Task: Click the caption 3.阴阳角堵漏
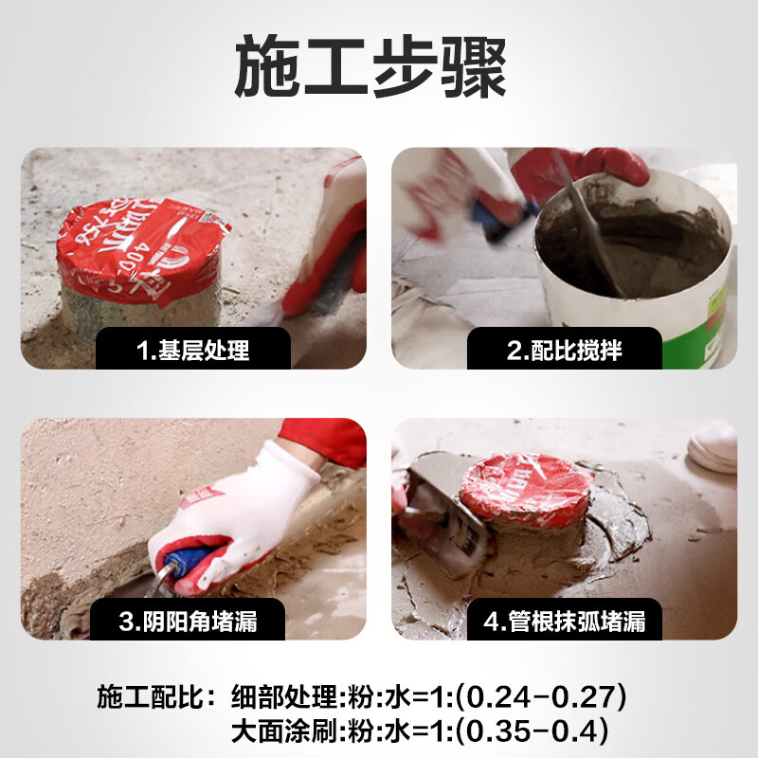[188, 622]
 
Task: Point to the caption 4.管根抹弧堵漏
[565, 622]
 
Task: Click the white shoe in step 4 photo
[713, 445]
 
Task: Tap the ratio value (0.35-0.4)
[530, 731]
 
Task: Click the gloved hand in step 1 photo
[332, 237]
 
